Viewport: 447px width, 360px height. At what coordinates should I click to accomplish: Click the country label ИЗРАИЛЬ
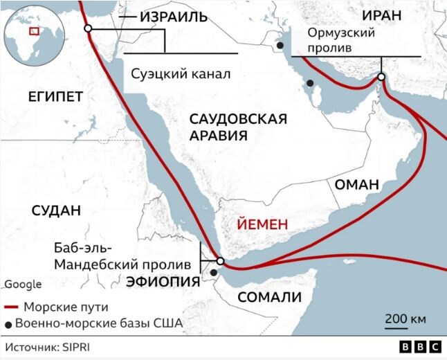[173, 17]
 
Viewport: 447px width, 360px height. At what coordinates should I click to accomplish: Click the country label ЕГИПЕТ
[55, 96]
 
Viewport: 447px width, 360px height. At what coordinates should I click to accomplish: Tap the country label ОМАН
[357, 185]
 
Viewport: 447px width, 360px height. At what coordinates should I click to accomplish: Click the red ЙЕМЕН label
[262, 226]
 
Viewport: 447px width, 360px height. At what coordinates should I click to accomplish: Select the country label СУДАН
[57, 211]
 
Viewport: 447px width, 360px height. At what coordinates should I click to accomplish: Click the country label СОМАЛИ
[270, 298]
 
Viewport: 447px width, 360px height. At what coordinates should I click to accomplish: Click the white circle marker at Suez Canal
[88, 28]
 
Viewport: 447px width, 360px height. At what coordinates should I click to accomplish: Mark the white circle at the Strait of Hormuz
[381, 77]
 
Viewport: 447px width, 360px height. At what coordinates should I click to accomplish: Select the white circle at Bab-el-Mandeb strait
[220, 262]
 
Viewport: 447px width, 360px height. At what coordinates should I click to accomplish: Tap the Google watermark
[23, 284]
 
